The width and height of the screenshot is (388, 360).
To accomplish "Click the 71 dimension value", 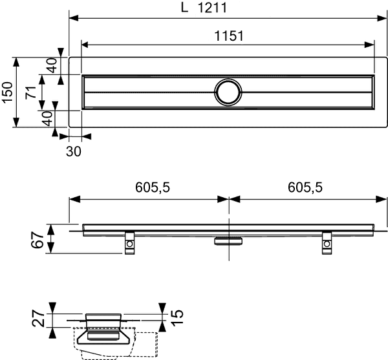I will (30, 93).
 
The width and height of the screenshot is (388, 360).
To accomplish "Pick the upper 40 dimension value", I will (52, 65).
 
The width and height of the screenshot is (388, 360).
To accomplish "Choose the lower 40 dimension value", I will (46, 118).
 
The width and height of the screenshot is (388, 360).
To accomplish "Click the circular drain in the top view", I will (228, 92).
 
